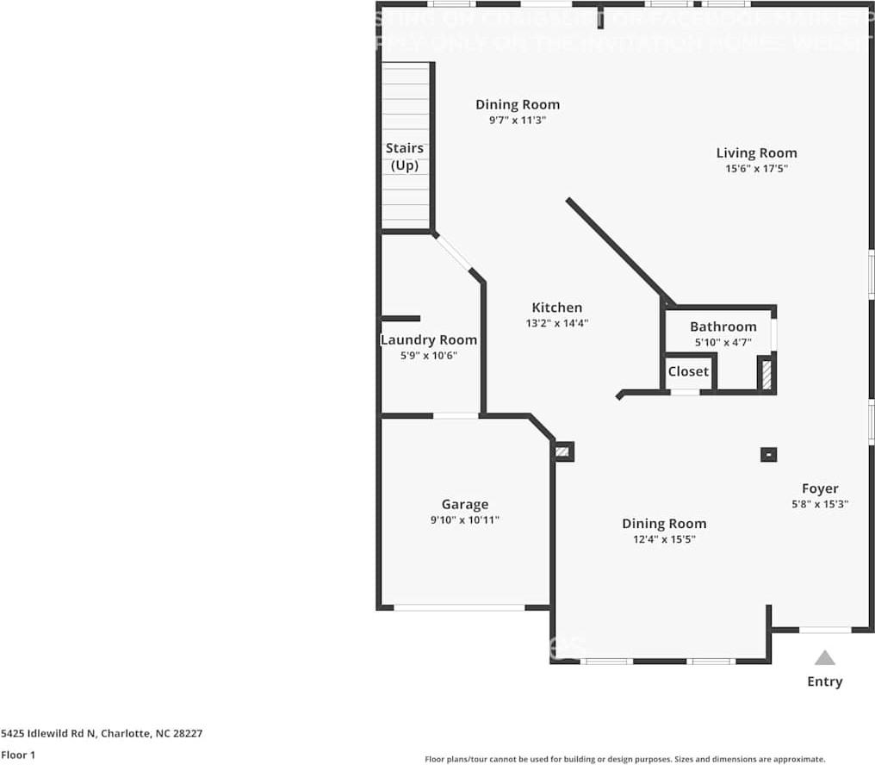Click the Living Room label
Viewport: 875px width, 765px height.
click(x=756, y=153)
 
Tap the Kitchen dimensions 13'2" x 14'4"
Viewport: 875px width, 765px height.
click(x=556, y=324)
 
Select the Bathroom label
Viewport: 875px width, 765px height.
click(x=723, y=327)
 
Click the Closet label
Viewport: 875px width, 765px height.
click(x=688, y=371)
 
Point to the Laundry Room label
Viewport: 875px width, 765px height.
click(x=428, y=340)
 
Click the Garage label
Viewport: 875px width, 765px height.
click(x=465, y=505)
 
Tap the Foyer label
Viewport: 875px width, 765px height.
click(x=819, y=488)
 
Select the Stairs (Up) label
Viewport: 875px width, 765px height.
click(x=404, y=157)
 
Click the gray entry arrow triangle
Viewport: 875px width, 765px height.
click(x=824, y=658)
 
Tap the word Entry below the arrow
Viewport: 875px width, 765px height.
click(x=824, y=681)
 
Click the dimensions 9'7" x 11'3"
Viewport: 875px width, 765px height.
click(x=518, y=121)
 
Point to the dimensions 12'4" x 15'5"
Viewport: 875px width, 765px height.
click(x=663, y=539)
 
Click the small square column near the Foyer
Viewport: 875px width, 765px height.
click(x=768, y=454)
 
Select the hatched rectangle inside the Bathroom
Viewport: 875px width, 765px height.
click(x=764, y=374)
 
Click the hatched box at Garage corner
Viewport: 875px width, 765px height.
click(x=563, y=451)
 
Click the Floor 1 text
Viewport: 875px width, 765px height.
click(x=18, y=755)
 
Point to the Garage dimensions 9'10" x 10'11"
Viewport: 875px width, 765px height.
click(x=465, y=519)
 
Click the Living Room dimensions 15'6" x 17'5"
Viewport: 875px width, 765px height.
click(x=756, y=169)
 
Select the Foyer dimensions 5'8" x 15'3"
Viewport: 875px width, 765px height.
click(x=820, y=504)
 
